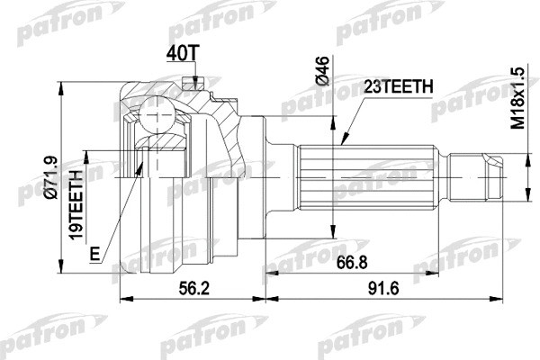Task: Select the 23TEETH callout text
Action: pos(397,86)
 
